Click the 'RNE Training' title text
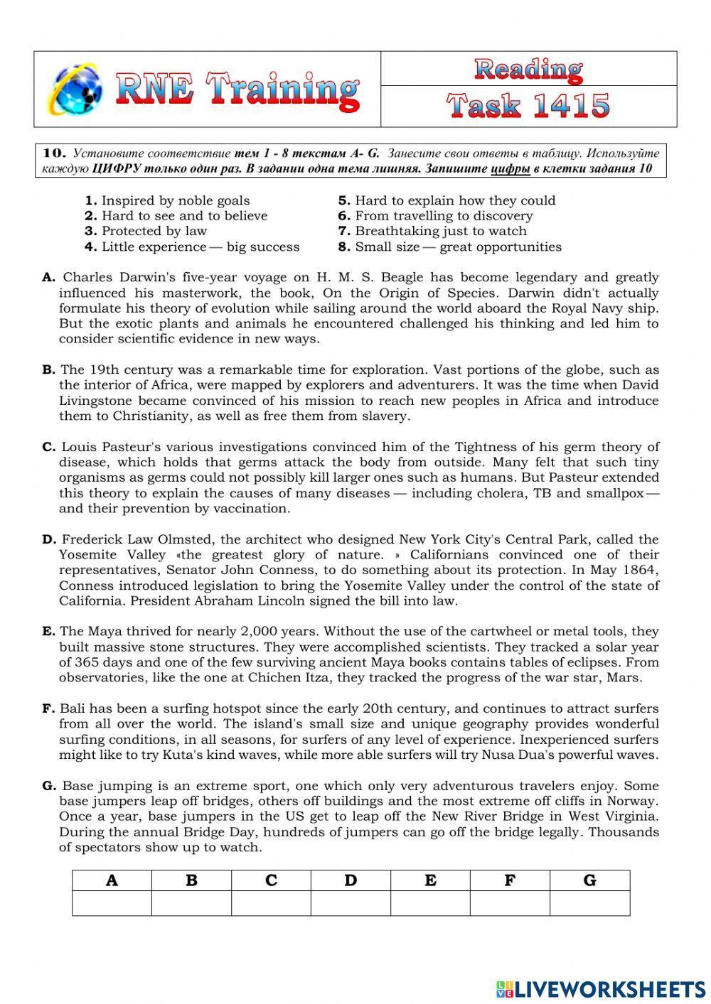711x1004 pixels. pyautogui.click(x=237, y=91)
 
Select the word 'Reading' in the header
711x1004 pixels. pyautogui.click(x=528, y=69)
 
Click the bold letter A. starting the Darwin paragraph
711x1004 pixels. pyautogui.click(x=48, y=278)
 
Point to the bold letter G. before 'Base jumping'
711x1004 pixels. pyautogui.click(x=49, y=786)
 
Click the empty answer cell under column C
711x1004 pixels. pyautogui.click(x=271, y=903)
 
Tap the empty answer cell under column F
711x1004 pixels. pyautogui.click(x=510, y=903)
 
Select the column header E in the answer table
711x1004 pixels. pyautogui.click(x=430, y=880)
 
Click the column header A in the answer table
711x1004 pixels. pyautogui.click(x=112, y=880)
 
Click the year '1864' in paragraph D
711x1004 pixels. pyautogui.click(x=640, y=570)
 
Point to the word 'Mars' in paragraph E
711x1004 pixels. pyautogui.click(x=624, y=677)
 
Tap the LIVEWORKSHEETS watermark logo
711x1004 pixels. pyautogui.click(x=600, y=988)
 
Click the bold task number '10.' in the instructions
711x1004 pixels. pyautogui.click(x=55, y=153)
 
